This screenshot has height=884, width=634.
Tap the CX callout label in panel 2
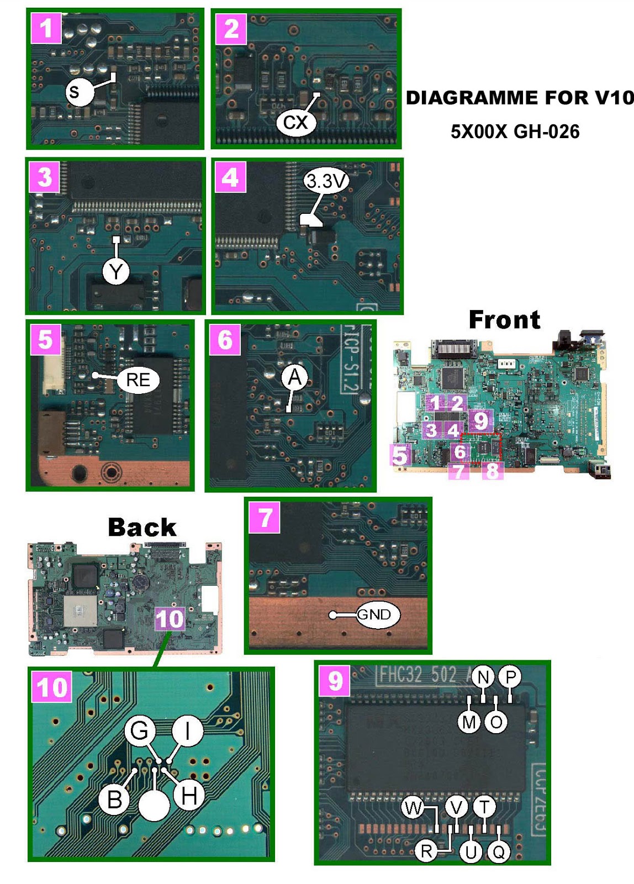(295, 122)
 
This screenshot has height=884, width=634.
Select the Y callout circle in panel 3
(116, 271)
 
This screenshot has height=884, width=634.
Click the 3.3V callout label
(326, 181)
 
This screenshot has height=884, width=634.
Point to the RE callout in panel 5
(138, 380)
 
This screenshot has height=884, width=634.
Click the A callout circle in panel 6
(295, 377)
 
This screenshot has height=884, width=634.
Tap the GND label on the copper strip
(374, 614)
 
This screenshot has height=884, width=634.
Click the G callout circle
(139, 730)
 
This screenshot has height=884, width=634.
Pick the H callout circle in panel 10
(189, 796)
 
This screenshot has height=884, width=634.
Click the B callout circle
(115, 799)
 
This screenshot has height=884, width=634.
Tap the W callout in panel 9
(413, 808)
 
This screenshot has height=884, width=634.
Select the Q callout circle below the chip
(499, 852)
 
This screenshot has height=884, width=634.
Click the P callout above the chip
(510, 677)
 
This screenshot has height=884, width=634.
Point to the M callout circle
(469, 722)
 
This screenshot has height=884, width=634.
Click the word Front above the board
(504, 319)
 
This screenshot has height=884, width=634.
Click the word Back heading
(142, 527)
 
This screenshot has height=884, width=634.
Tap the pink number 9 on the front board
(481, 420)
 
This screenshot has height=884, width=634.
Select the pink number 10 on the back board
(170, 619)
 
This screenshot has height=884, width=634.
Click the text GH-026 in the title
(546, 131)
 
